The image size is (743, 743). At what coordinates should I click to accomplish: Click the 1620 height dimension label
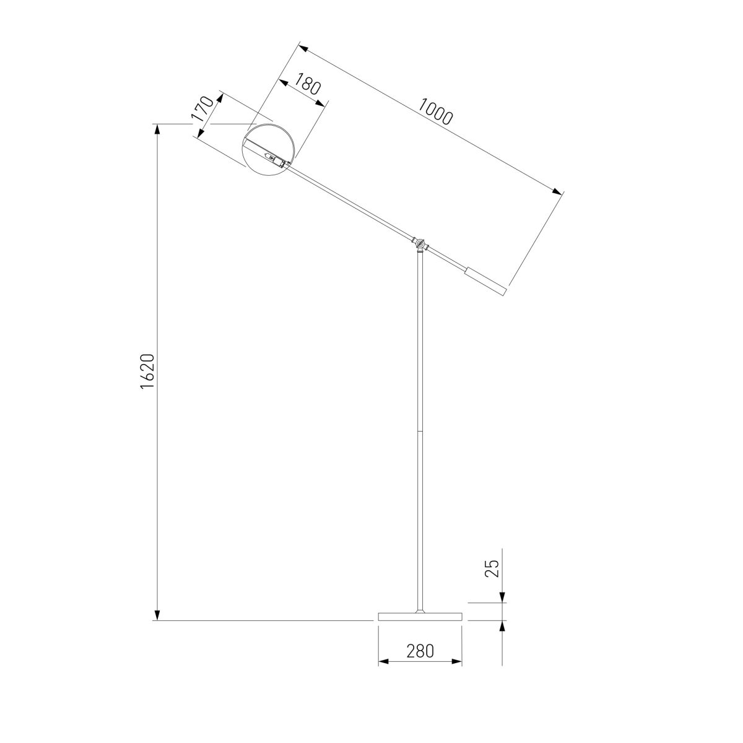click(148, 371)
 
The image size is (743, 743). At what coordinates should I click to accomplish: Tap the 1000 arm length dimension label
click(435, 112)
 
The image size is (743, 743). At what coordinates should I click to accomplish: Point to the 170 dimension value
click(202, 109)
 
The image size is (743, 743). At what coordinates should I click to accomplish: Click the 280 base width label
click(420, 651)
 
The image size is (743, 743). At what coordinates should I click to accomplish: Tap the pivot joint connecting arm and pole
click(420, 243)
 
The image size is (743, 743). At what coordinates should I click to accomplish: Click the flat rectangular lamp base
click(420, 627)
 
